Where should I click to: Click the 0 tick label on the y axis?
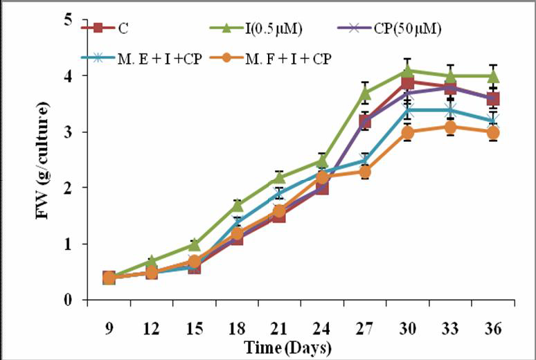click(69, 300)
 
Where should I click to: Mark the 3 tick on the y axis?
click(69, 132)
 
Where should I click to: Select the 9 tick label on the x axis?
click(109, 325)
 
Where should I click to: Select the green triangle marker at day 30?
click(408, 70)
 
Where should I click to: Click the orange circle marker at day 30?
click(408, 132)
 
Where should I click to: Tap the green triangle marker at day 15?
click(195, 244)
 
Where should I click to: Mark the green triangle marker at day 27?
click(364, 92)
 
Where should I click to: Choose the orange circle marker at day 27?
click(364, 171)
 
